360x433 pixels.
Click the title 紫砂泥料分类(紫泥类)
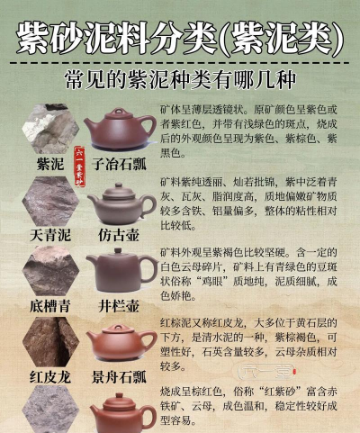[x=180, y=37]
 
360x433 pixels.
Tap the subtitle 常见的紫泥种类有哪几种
[x=180, y=80]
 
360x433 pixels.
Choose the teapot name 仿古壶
[x=121, y=235]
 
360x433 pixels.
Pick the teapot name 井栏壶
[x=121, y=306]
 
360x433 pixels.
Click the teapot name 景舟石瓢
[x=121, y=376]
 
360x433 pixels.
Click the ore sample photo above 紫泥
[x=50, y=131]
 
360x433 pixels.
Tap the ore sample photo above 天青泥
[x=50, y=200]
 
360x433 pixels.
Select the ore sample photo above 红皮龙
[x=50, y=341]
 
